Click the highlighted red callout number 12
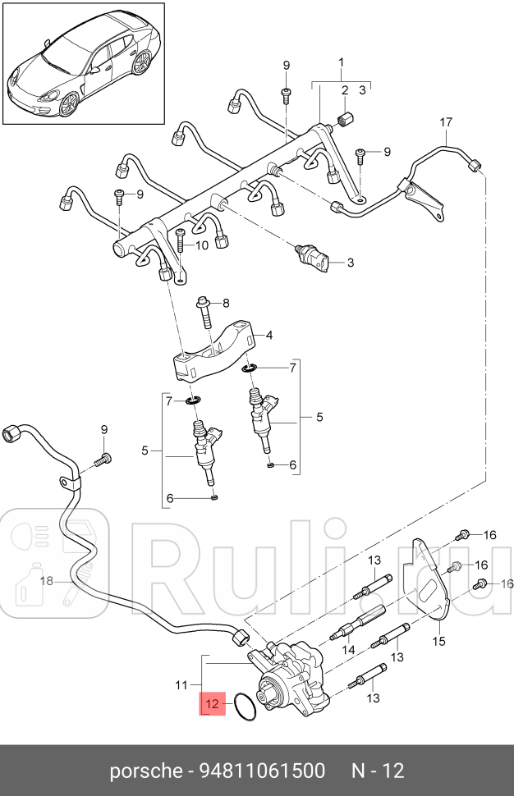click(x=212, y=703)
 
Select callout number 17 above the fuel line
click(x=445, y=122)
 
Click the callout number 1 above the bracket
click(x=342, y=62)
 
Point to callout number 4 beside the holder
click(x=269, y=335)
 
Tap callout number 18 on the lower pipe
click(x=47, y=579)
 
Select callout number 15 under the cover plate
click(x=438, y=641)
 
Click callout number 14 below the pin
click(x=348, y=650)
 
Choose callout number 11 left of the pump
click(x=181, y=685)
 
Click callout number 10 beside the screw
click(x=202, y=245)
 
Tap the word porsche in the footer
click(x=146, y=771)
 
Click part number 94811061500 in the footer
click(x=262, y=771)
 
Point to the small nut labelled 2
click(x=346, y=120)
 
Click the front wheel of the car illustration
click(x=69, y=104)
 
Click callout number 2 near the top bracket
click(x=346, y=90)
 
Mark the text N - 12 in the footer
click(x=379, y=771)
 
